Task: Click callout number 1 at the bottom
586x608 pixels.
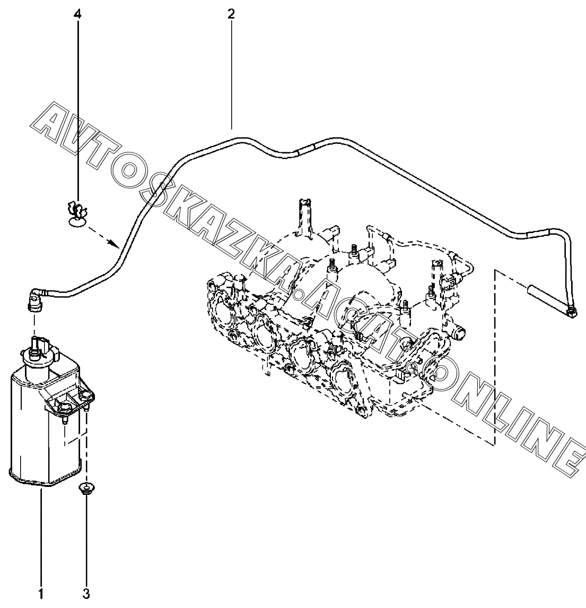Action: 41,593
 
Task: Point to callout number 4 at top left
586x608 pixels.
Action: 78,14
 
